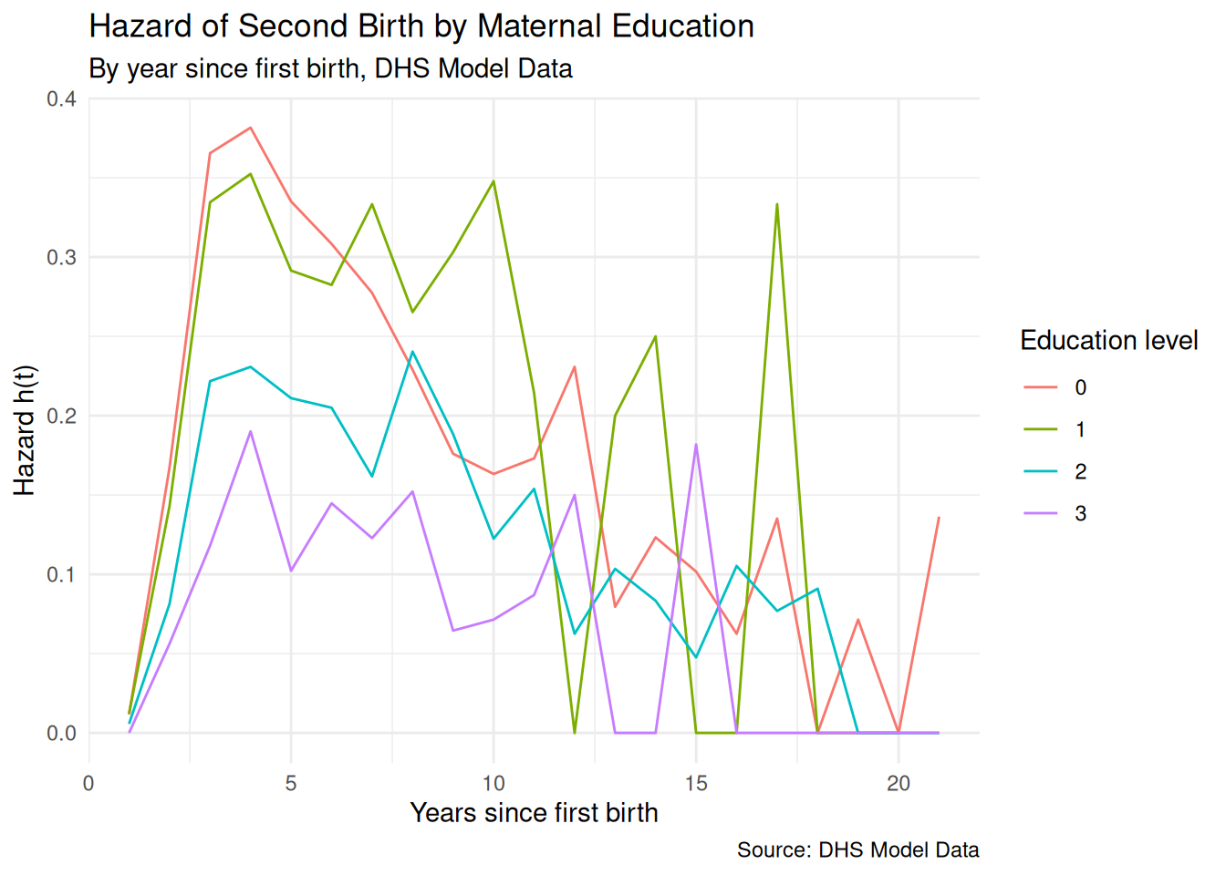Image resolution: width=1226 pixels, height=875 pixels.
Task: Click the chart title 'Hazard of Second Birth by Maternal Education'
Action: coord(421,26)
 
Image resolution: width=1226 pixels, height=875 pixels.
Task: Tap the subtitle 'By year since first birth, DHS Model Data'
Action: coord(330,68)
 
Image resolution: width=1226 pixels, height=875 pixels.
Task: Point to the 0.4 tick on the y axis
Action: coord(61,98)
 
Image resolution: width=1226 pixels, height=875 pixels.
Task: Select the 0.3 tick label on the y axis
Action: coord(61,257)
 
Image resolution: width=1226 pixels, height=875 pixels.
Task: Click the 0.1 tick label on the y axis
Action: coord(61,574)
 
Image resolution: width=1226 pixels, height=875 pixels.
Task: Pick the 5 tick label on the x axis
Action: coord(291,783)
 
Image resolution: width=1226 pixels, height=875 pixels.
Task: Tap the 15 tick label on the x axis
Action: coord(696,783)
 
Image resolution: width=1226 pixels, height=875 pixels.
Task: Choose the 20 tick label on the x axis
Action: coord(899,783)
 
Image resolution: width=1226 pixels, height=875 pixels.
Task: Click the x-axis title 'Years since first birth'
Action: coord(534,812)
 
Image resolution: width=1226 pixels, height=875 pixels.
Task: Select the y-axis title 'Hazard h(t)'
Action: coord(25,430)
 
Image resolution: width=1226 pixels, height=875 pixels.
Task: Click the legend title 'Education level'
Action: coord(1108,340)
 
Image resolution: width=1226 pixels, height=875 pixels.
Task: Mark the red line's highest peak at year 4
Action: coord(250,128)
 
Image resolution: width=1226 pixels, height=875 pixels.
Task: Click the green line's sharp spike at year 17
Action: coord(777,204)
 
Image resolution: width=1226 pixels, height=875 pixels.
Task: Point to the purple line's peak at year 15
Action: coord(696,445)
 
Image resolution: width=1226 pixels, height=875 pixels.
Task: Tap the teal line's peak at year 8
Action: coord(412,352)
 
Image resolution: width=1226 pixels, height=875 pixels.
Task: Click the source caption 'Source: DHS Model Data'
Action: coord(857,849)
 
